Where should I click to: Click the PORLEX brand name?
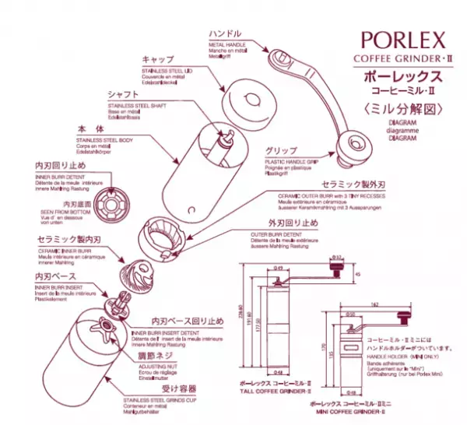(x=402, y=38)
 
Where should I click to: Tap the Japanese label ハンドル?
(x=226, y=34)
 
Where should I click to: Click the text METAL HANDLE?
(x=228, y=44)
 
